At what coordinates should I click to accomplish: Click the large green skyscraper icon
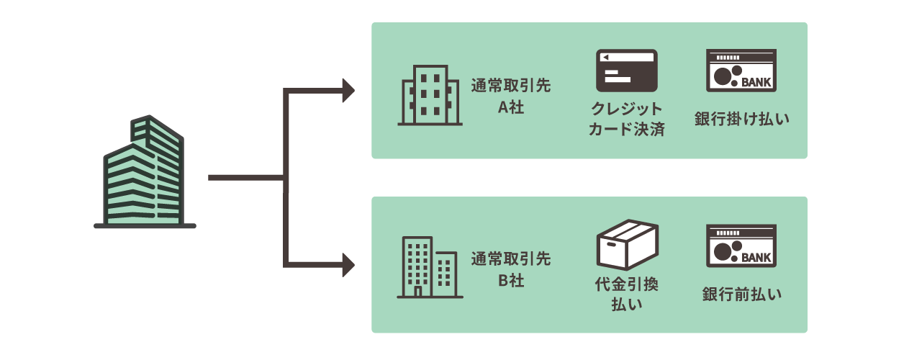point(144,173)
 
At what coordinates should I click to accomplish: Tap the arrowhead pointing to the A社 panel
point(349,91)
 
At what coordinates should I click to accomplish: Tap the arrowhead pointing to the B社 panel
point(349,265)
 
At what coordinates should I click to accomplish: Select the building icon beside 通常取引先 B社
point(430,267)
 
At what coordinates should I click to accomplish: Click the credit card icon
point(627,70)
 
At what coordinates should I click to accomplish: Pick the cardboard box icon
point(628,246)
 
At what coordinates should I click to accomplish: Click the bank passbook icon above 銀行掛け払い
point(741,71)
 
